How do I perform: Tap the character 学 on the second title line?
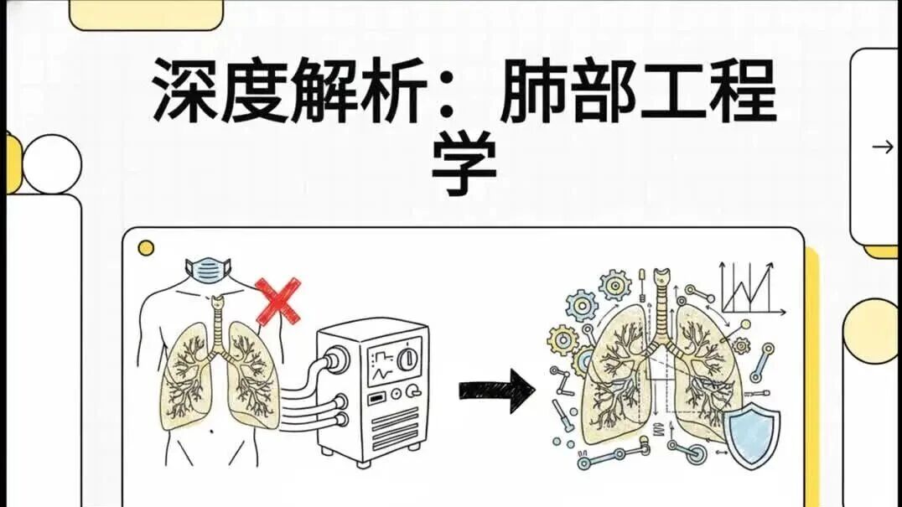point(464,163)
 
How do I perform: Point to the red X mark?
point(277,301)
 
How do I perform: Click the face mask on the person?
point(208,270)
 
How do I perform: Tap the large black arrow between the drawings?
point(497,391)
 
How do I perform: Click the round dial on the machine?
point(408,358)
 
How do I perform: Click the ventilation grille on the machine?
point(395,428)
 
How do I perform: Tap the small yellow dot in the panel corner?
point(146,248)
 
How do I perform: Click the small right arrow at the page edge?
point(883,147)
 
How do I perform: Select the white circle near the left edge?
point(52,163)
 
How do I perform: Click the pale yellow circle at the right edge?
point(871,331)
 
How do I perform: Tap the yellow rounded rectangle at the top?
point(146,14)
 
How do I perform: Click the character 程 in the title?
point(744,91)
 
